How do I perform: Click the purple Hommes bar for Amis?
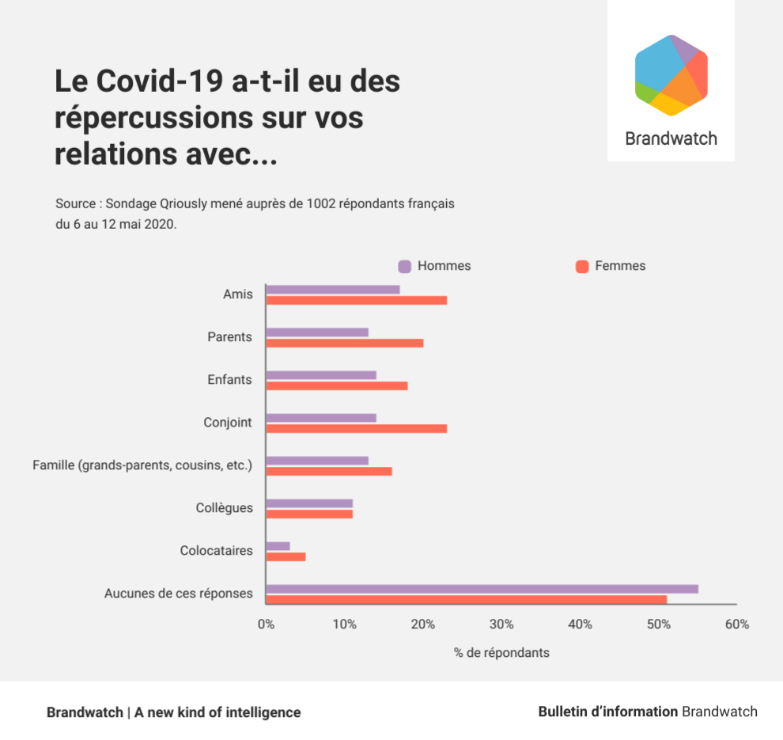click(x=333, y=290)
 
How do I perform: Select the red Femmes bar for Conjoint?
click(x=356, y=429)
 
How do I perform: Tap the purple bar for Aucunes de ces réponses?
click(x=482, y=589)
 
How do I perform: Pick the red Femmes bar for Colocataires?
click(x=286, y=557)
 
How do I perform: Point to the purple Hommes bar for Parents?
click(x=317, y=332)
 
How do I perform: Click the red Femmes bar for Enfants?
click(x=337, y=386)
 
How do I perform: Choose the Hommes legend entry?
click(x=435, y=266)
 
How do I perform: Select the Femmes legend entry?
click(x=611, y=266)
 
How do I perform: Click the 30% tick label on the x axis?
click(x=501, y=624)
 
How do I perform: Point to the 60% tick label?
click(x=736, y=624)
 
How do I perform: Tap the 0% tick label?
click(x=266, y=624)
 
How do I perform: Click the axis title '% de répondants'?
click(x=501, y=653)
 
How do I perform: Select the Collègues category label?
click(x=225, y=508)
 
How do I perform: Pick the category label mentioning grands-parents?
click(x=142, y=465)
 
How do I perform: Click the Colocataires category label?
click(x=216, y=551)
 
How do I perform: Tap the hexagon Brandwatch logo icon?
click(x=671, y=75)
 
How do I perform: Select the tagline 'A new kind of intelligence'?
click(x=217, y=712)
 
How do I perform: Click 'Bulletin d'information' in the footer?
click(x=607, y=712)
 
